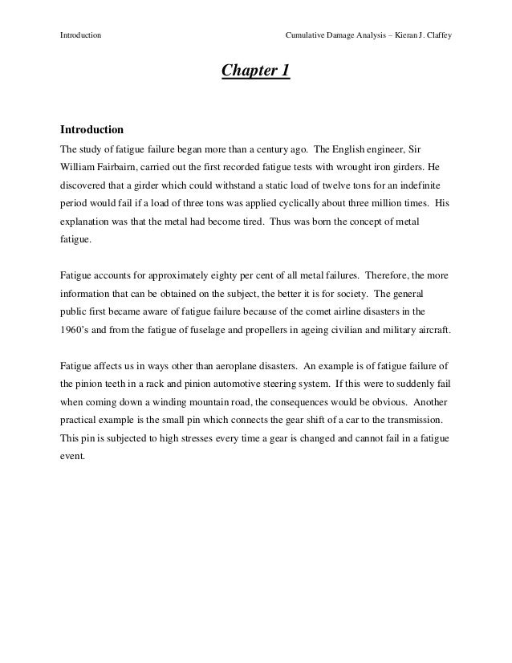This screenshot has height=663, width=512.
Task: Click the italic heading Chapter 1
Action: click(x=255, y=73)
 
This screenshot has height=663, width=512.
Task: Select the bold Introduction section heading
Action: click(x=92, y=128)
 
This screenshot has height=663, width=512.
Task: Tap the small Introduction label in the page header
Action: click(x=81, y=14)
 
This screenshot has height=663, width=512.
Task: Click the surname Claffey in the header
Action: click(x=436, y=14)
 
